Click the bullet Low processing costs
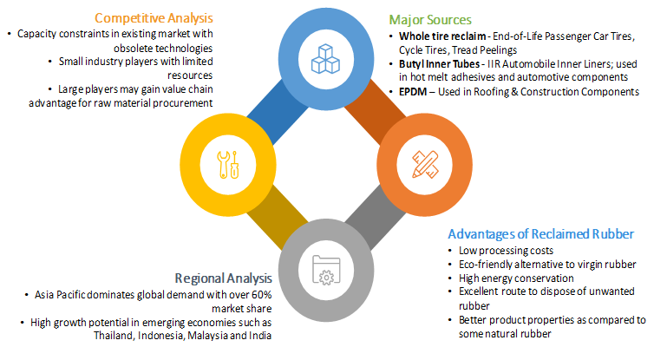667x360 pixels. pos(489,252)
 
